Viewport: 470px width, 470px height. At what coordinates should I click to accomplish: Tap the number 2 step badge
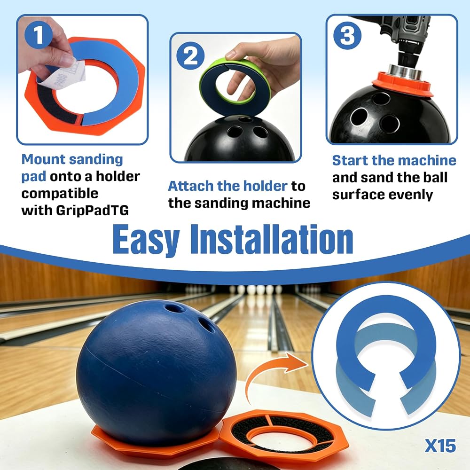[x=190, y=56]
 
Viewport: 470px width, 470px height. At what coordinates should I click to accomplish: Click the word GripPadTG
[x=92, y=211]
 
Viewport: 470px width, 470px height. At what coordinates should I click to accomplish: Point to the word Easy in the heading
[x=146, y=240]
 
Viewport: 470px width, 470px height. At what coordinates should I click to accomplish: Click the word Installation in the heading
[x=272, y=239]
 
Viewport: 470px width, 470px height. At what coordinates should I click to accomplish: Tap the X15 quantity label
[x=440, y=446]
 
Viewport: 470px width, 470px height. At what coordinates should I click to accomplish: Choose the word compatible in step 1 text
[x=60, y=194]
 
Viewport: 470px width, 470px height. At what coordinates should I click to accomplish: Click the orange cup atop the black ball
[x=402, y=84]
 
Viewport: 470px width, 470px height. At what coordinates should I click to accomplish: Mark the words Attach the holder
[x=228, y=186]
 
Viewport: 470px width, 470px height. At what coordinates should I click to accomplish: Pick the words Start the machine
[x=394, y=160]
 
